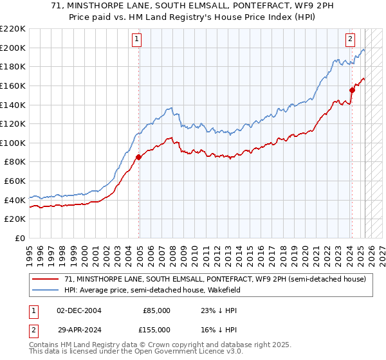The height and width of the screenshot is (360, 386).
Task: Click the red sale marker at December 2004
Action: (x=139, y=156)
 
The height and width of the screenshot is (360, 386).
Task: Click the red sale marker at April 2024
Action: (x=353, y=90)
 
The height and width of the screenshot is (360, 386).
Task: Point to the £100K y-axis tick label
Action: (x=14, y=143)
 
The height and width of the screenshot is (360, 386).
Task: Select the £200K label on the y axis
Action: (x=14, y=48)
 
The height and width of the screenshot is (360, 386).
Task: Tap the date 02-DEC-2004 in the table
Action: (x=79, y=310)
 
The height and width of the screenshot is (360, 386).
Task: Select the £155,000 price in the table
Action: (x=156, y=330)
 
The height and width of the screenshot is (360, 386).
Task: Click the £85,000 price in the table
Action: (x=156, y=310)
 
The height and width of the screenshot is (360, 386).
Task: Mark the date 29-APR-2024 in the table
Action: (x=79, y=330)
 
